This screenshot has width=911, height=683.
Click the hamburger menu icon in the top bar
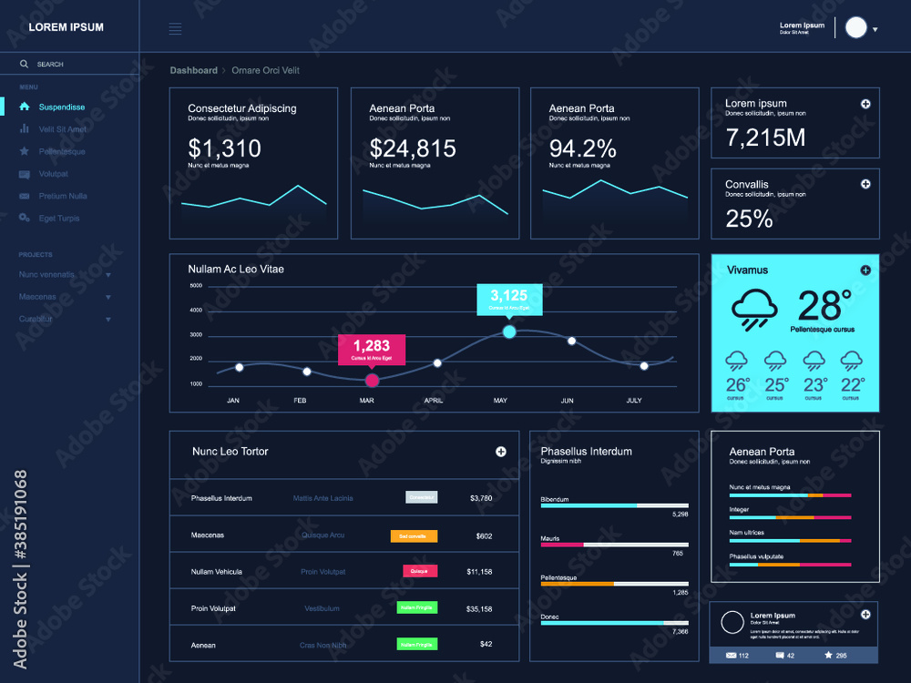[175, 29]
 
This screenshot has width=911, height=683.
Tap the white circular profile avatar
[855, 27]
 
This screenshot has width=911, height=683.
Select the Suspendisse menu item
[61, 107]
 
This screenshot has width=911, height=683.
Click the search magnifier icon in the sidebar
[25, 65]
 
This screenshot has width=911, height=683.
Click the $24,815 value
[412, 148]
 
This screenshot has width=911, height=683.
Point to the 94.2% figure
[582, 148]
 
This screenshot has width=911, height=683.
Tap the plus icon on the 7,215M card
[865, 104]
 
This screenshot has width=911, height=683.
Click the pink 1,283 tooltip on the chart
[372, 348]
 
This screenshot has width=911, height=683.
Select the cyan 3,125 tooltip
[509, 297]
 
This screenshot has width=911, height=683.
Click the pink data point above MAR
[372, 381]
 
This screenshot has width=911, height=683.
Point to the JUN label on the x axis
[567, 401]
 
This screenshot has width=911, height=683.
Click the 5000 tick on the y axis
[196, 285]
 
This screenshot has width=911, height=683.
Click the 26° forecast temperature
[737, 384]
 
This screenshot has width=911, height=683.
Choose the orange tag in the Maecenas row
[414, 536]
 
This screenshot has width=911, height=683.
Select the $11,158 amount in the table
[479, 572]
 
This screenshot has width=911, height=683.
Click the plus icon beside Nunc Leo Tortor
[500, 452]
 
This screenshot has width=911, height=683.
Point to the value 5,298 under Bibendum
[680, 515]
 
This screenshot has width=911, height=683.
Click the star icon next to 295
[827, 655]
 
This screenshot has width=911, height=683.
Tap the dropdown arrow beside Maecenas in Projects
[108, 298]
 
